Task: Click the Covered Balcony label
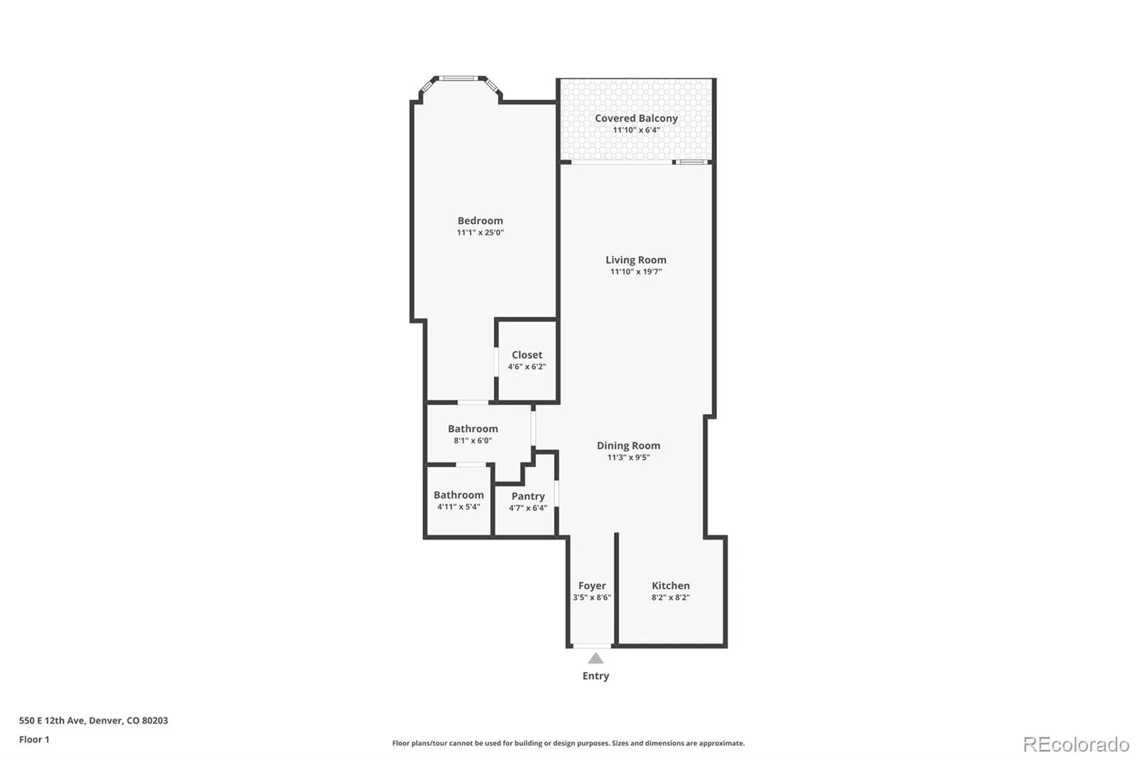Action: tap(636, 118)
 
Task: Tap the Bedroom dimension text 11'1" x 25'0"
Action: tap(480, 233)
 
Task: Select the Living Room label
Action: tap(636, 260)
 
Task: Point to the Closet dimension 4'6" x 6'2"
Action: tap(527, 367)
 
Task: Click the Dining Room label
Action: tap(628, 446)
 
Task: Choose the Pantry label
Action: tap(528, 496)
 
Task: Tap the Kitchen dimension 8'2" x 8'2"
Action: tap(671, 597)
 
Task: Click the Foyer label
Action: tap(592, 586)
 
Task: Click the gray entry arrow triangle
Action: tap(596, 658)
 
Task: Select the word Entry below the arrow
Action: tap(596, 676)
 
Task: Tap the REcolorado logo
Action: tap(1076, 744)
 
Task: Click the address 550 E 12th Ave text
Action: tap(53, 720)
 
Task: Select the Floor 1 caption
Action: tap(34, 740)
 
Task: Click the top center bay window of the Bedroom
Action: tap(458, 78)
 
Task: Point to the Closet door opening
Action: tap(496, 362)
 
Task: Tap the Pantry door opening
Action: tap(557, 493)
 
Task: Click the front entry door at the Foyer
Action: tap(593, 646)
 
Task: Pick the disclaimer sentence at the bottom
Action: tap(568, 743)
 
